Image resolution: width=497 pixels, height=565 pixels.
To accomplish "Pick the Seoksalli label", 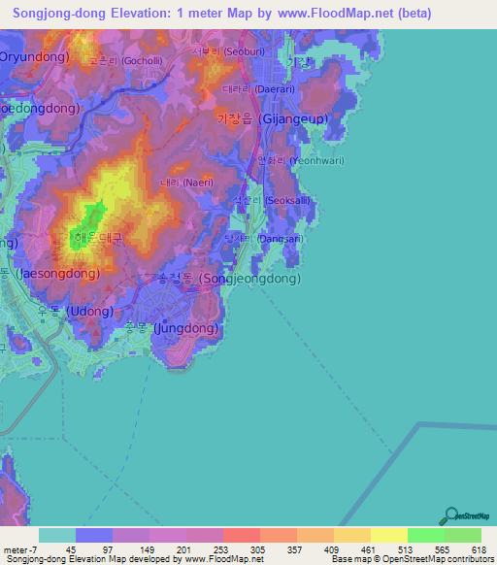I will [x=290, y=202].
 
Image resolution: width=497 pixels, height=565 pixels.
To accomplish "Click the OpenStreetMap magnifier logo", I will [x=450, y=516].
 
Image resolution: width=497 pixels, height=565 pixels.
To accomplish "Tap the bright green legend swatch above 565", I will [x=425, y=535].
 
